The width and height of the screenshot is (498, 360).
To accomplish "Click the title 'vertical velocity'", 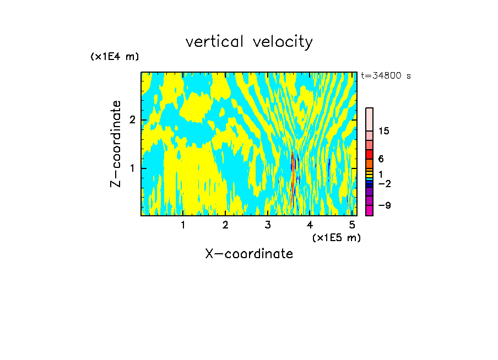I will [249, 42].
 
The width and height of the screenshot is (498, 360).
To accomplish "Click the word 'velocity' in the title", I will [281, 42].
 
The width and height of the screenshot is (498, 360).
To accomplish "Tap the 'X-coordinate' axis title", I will [249, 254].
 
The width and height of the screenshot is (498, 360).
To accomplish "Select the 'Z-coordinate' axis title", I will [116, 144].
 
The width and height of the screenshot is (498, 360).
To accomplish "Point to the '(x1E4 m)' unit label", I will [115, 57].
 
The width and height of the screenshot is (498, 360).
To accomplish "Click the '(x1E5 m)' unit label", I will [336, 237].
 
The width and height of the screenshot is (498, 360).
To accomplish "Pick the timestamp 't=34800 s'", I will [386, 76].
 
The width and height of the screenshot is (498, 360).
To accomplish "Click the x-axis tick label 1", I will [183, 225].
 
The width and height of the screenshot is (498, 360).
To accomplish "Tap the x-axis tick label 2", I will [225, 225].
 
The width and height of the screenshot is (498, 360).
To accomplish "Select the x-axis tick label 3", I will [268, 225].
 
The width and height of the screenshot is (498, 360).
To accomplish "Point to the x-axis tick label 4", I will [310, 225].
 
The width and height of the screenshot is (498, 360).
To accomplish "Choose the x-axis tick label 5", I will [352, 225].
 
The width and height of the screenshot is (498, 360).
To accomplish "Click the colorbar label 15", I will [384, 131].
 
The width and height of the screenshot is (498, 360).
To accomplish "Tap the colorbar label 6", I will [381, 159].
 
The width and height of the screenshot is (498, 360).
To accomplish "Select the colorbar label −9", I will [385, 206].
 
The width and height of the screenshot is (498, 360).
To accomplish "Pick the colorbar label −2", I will [385, 184].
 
